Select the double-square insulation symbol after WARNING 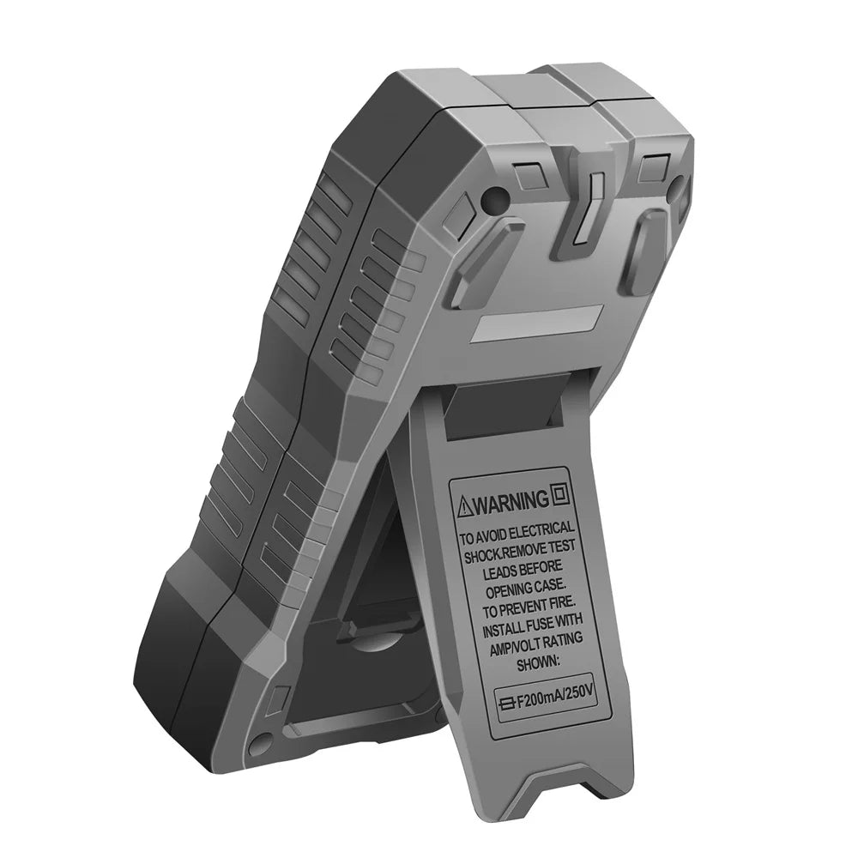tap(562, 495)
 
